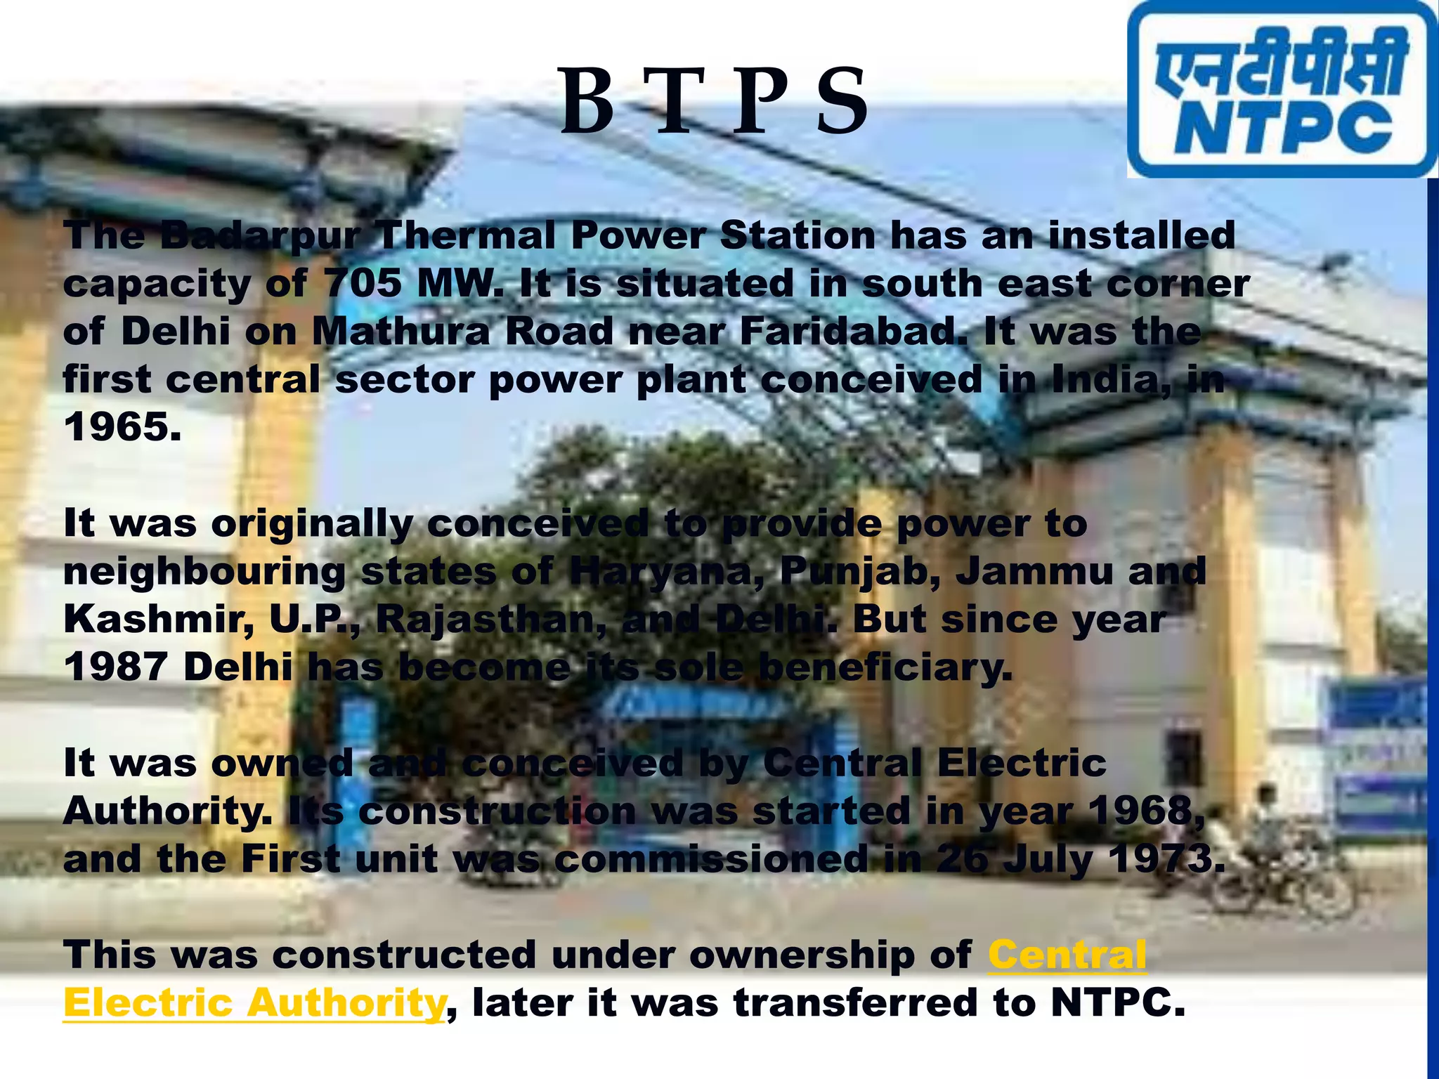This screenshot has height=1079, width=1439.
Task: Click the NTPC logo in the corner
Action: point(1282,89)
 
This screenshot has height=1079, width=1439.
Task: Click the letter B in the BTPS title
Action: point(588,103)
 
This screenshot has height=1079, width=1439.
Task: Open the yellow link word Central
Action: point(1067,955)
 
